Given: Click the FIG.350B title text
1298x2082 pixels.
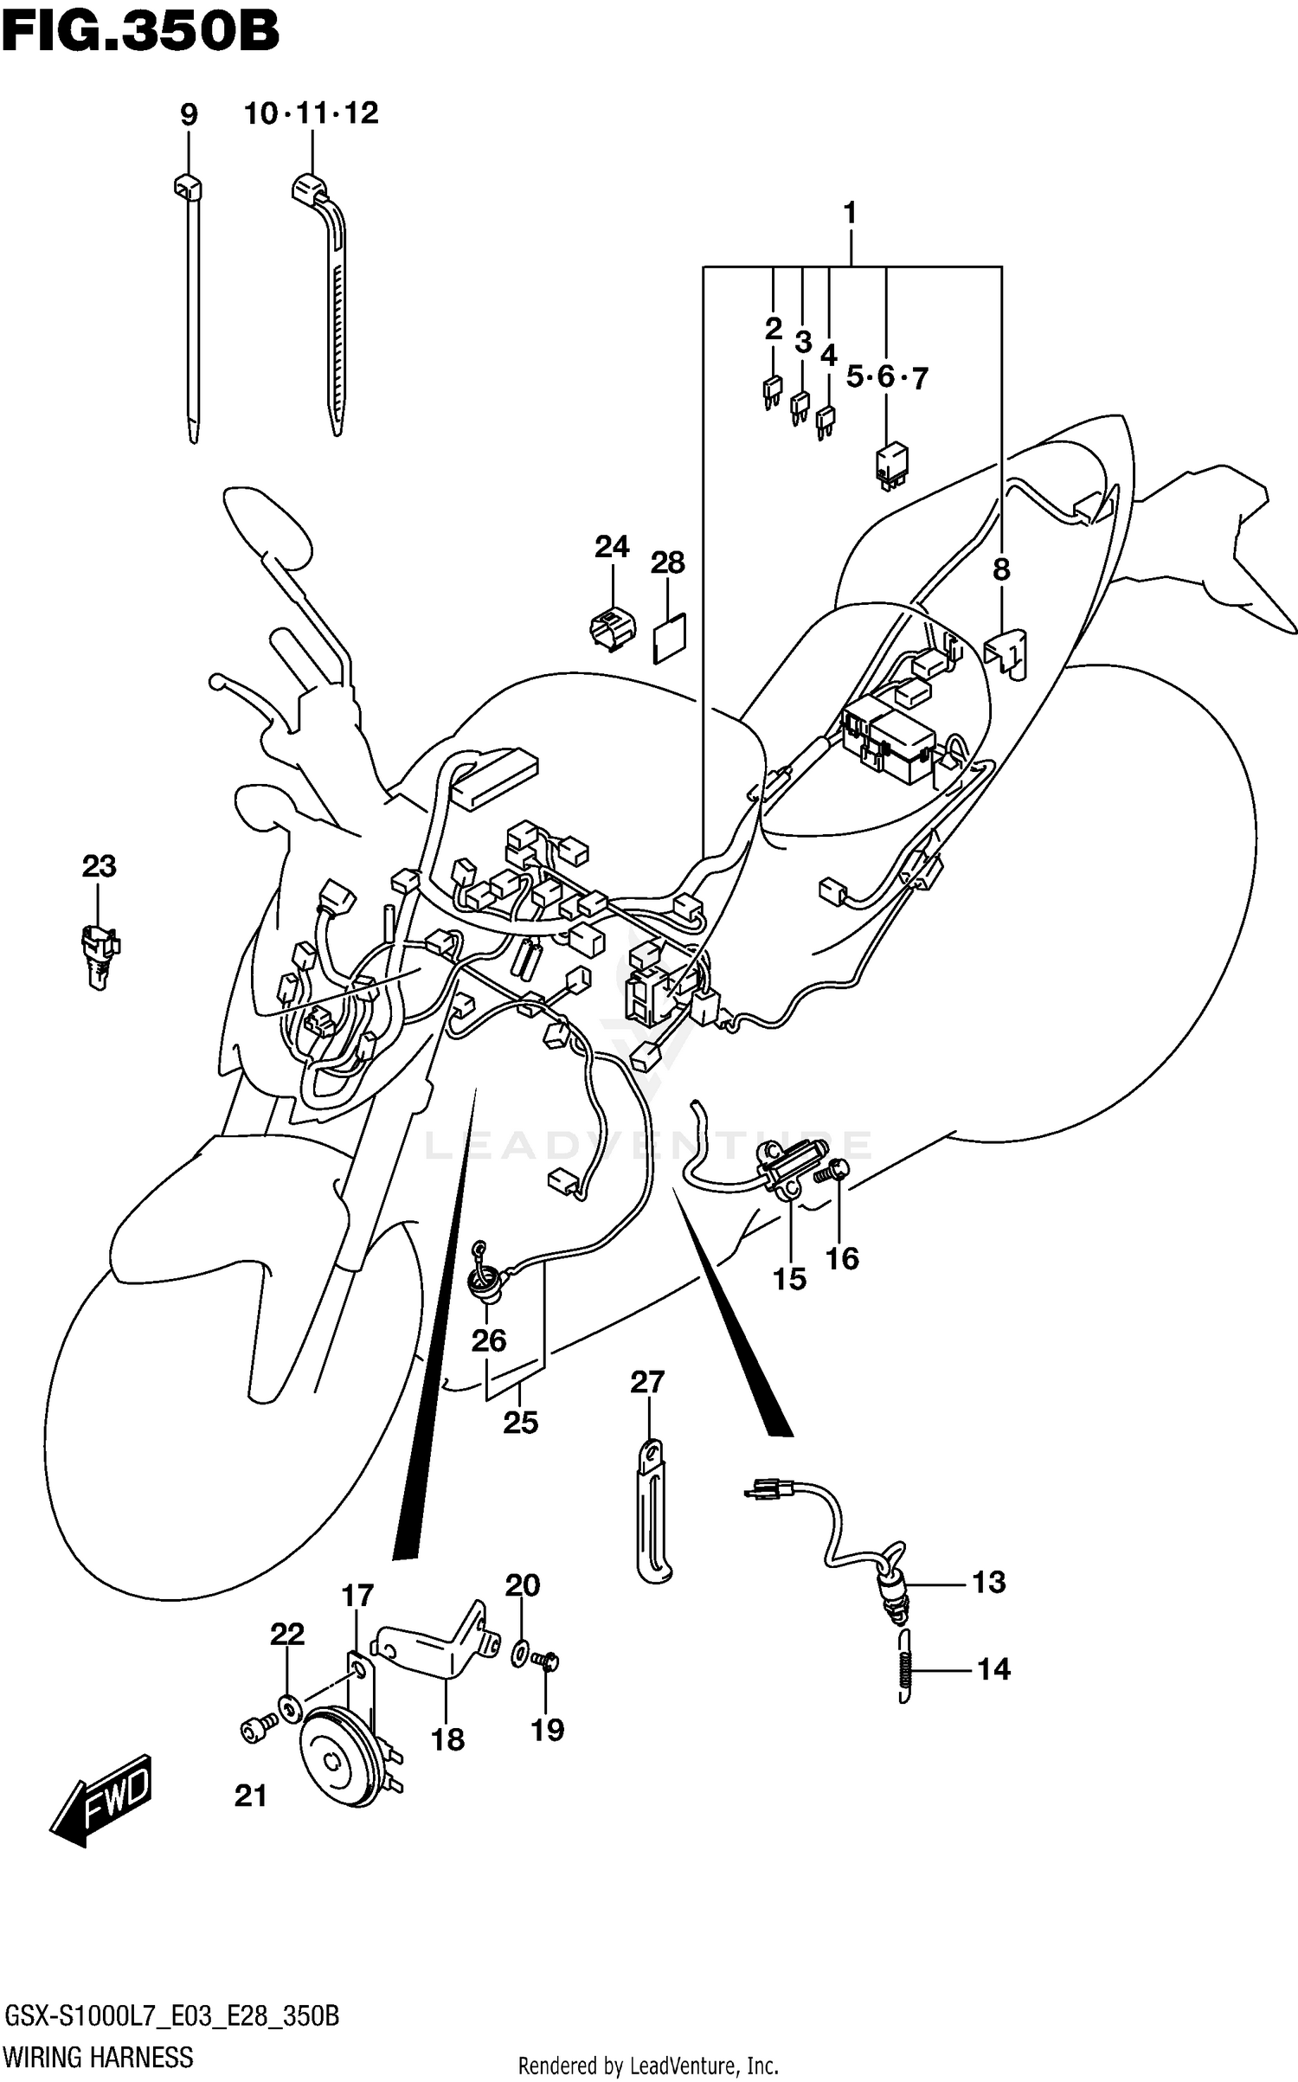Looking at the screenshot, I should tap(139, 32).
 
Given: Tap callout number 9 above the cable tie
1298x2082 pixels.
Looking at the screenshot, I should tap(189, 114).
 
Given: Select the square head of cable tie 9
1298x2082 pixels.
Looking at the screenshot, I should tap(188, 184).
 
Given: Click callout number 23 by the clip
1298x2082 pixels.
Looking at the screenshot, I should tap(99, 866).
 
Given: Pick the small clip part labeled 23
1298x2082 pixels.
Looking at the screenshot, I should tap(100, 954).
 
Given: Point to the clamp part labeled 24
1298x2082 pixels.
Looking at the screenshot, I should tap(612, 627).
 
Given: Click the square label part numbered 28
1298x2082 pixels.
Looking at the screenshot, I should tap(669, 638).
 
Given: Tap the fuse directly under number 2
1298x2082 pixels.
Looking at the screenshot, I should tap(771, 392).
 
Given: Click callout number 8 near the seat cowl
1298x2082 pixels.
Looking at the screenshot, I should tap(1000, 569).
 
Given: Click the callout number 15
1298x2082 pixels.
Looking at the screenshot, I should tap(789, 1278).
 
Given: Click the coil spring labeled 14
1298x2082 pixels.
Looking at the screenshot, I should tap(904, 1668).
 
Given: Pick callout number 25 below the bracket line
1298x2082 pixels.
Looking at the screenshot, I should tap(521, 1422).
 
